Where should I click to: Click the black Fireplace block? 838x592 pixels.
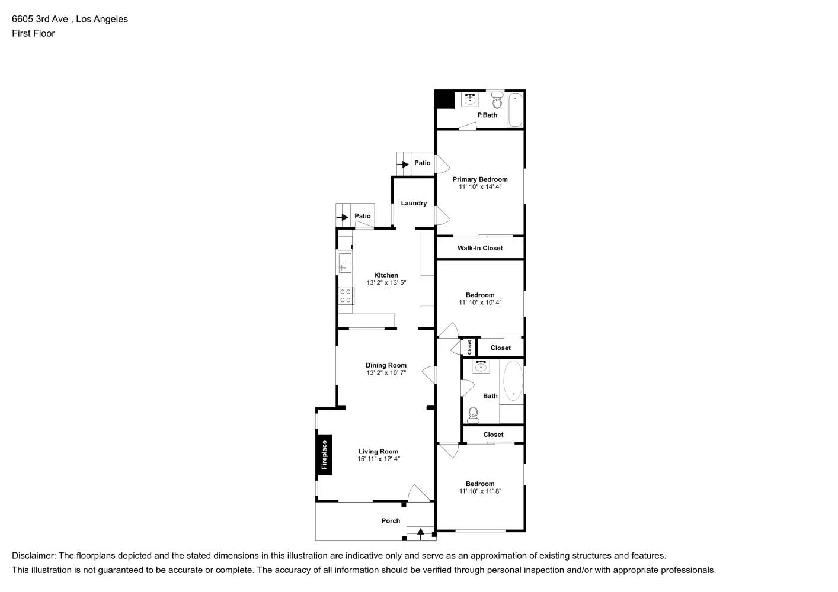click(324, 455)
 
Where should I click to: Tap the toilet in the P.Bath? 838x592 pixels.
click(497, 102)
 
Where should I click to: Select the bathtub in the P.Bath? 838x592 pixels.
click(515, 110)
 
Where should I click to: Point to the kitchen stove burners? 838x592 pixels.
click(346, 296)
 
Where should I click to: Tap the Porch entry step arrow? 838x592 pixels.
click(421, 533)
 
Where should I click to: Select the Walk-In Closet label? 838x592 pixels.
click(480, 248)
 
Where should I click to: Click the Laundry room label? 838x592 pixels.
click(414, 203)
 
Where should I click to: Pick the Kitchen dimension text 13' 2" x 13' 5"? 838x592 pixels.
click(386, 283)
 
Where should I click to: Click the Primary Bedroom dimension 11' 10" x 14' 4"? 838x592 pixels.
click(480, 187)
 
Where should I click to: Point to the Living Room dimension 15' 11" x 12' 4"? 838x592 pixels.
click(378, 459)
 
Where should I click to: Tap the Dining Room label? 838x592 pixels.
click(386, 365)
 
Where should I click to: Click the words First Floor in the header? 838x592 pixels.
click(33, 33)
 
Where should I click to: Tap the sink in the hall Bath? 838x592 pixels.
click(481, 367)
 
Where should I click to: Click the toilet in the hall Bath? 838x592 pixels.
click(473, 414)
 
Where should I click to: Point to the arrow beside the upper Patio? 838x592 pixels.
click(403, 164)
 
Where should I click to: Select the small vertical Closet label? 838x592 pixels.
click(469, 347)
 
